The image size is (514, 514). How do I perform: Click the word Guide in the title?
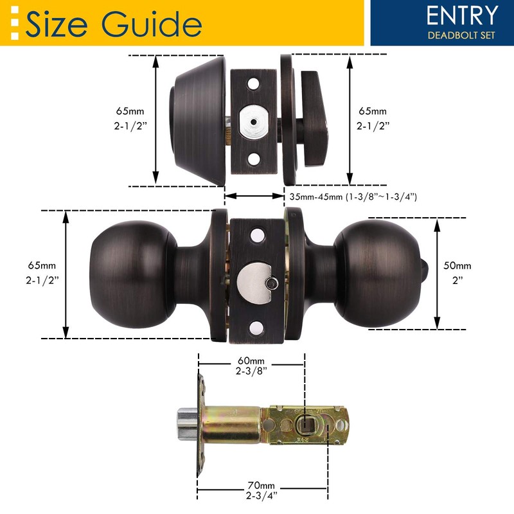click(x=152, y=24)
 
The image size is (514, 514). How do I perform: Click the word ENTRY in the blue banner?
click(x=462, y=15)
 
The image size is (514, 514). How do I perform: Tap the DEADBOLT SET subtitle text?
click(x=461, y=35)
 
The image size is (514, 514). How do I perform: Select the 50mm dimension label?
click(x=457, y=265)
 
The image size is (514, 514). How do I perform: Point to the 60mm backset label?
click(x=251, y=360)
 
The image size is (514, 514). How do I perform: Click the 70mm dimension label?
click(x=261, y=485)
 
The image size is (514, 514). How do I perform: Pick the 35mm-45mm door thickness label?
click(x=353, y=197)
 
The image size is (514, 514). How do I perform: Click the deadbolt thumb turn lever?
click(x=314, y=119)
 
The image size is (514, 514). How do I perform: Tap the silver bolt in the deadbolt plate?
click(x=254, y=122)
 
